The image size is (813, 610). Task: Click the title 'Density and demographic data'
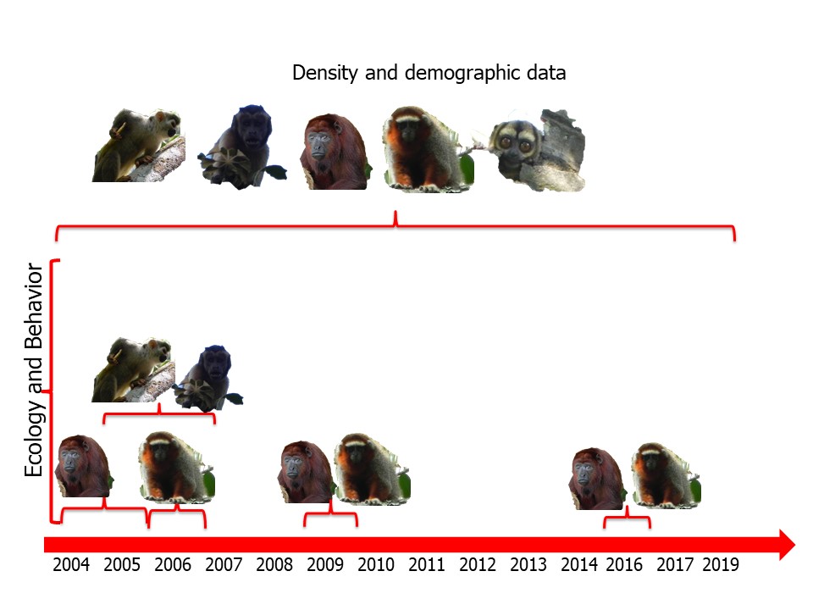[x=429, y=73]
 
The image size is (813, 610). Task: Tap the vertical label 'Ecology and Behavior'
[x=34, y=370]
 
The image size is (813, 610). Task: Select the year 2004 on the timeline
[x=70, y=565]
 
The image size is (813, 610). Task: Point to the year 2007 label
[x=224, y=565]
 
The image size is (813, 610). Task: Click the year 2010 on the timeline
[x=376, y=565]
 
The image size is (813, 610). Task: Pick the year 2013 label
[x=528, y=565]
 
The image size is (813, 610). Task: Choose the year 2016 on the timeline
[x=623, y=565]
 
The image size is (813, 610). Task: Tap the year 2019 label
[x=721, y=565]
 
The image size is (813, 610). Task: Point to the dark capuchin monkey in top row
[x=242, y=147]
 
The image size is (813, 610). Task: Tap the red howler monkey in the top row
[x=335, y=151]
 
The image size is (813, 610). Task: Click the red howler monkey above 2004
[x=83, y=466]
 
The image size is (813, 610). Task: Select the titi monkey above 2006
[x=177, y=464]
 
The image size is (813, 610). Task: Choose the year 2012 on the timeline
[x=478, y=565]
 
